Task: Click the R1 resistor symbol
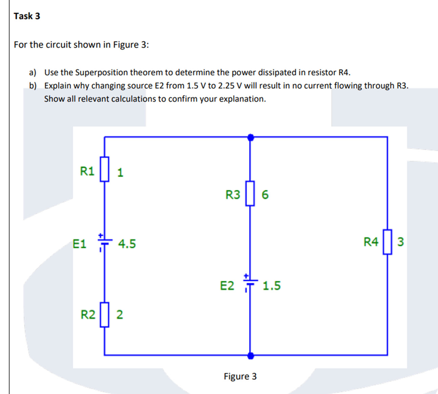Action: [x=104, y=169]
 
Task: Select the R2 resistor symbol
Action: [x=104, y=315]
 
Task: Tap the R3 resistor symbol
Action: [x=250, y=193]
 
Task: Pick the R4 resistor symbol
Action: [x=388, y=242]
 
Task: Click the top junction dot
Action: [x=250, y=137]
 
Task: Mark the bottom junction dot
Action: [x=250, y=355]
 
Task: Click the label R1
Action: [x=87, y=171]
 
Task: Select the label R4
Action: [x=371, y=242]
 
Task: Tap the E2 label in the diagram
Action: [x=227, y=286]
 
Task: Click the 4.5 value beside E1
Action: [x=127, y=244]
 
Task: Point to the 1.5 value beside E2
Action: [x=272, y=286]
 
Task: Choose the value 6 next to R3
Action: [x=265, y=195]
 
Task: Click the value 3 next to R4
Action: [x=400, y=242]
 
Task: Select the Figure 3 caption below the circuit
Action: [x=240, y=376]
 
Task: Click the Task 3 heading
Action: [x=27, y=16]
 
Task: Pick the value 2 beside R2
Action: [x=120, y=315]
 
